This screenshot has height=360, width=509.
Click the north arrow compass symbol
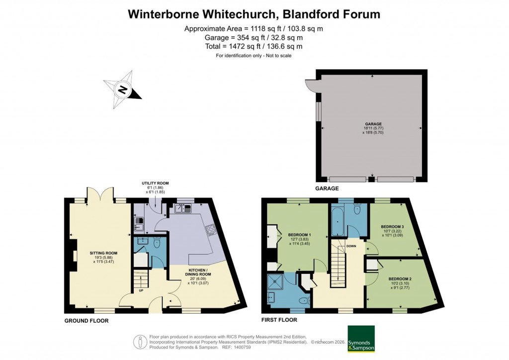[122, 90]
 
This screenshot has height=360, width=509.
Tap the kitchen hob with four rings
[210, 230]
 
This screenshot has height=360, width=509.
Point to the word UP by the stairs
[141, 291]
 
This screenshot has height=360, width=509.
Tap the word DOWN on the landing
[351, 246]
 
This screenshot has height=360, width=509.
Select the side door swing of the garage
[311, 86]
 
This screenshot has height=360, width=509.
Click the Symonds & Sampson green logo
[361, 338]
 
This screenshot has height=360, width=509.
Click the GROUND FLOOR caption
[86, 321]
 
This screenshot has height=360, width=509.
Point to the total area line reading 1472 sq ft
[254, 46]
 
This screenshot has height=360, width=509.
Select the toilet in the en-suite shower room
[304, 299]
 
